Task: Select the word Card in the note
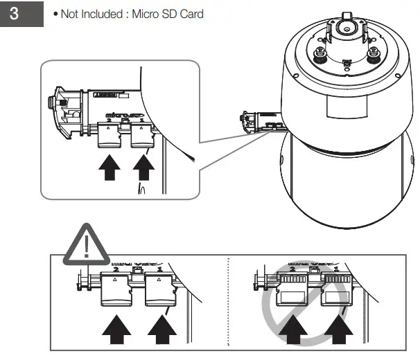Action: pos(191,15)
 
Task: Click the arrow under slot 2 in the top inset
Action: pos(110,167)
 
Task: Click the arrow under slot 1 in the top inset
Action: pos(144,167)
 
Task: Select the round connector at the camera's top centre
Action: pos(344,30)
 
